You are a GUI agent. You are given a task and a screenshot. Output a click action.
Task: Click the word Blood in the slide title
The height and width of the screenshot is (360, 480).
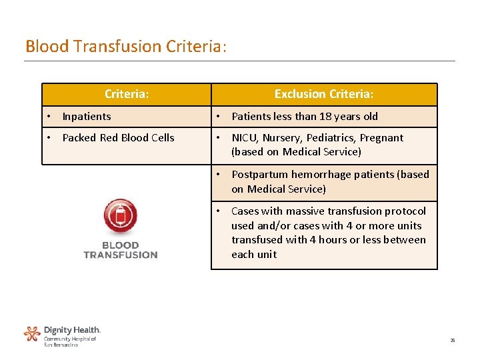tap(47, 46)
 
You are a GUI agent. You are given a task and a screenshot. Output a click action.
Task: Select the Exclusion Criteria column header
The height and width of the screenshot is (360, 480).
tap(324, 94)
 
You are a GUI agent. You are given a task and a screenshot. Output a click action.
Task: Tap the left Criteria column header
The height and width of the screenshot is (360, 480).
tap(127, 94)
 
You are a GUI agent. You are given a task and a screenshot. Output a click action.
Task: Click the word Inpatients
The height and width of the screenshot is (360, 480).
tap(87, 117)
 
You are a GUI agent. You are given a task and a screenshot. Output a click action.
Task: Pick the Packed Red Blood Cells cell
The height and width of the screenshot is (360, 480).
tap(118, 138)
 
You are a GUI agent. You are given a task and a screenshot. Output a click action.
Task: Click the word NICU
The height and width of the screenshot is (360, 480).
tap(244, 138)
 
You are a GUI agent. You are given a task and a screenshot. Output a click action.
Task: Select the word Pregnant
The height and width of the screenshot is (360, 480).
tap(381, 138)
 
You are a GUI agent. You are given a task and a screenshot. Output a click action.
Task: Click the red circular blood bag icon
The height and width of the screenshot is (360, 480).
tap(120, 217)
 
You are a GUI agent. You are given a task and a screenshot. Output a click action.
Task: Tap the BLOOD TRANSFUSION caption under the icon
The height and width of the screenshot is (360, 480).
tap(120, 249)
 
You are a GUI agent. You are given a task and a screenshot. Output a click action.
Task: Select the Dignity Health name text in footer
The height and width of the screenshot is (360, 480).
tap(72, 330)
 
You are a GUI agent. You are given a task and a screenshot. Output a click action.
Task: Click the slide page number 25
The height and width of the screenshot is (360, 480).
tap(452, 341)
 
